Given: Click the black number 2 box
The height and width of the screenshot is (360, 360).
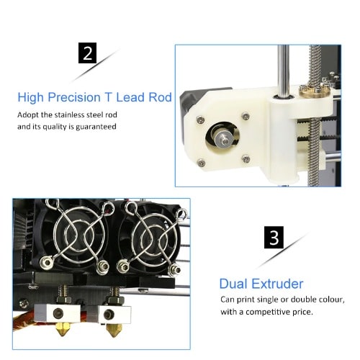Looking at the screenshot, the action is pyautogui.click(x=87, y=53).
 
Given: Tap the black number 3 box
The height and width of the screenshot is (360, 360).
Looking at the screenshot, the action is pyautogui.click(x=274, y=238).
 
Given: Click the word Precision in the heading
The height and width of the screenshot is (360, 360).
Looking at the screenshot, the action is pyautogui.click(x=74, y=97).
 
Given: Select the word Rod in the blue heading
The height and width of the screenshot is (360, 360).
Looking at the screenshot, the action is pyautogui.click(x=160, y=97).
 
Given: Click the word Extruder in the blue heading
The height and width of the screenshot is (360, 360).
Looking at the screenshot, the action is pyautogui.click(x=278, y=284).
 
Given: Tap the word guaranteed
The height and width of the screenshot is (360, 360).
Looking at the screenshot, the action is pyautogui.click(x=96, y=127).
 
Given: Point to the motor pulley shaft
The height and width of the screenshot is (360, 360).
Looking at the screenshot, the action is pyautogui.click(x=224, y=140).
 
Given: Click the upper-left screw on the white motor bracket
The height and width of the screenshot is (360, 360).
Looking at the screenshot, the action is pyautogui.click(x=200, y=120).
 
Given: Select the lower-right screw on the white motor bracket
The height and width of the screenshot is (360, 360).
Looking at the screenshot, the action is pyautogui.click(x=246, y=158).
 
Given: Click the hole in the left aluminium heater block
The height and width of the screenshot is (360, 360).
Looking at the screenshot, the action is pyautogui.click(x=58, y=313).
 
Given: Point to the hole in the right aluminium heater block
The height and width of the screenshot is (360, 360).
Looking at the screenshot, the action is pyautogui.click(x=109, y=314).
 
